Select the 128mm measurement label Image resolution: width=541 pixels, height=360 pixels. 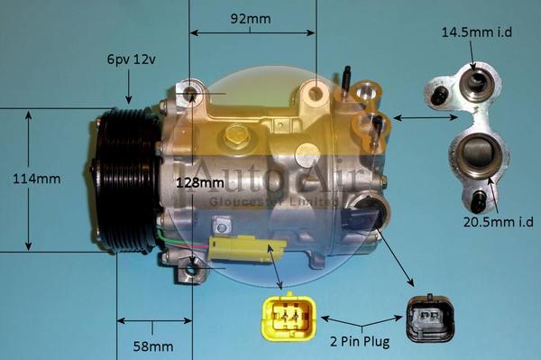point(200,184)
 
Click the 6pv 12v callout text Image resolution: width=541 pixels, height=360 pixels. point(131,60)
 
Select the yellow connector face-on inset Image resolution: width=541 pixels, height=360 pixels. point(288,317)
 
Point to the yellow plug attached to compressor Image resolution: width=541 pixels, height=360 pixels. point(244,249)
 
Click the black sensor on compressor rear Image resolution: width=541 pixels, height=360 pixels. point(364,217)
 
